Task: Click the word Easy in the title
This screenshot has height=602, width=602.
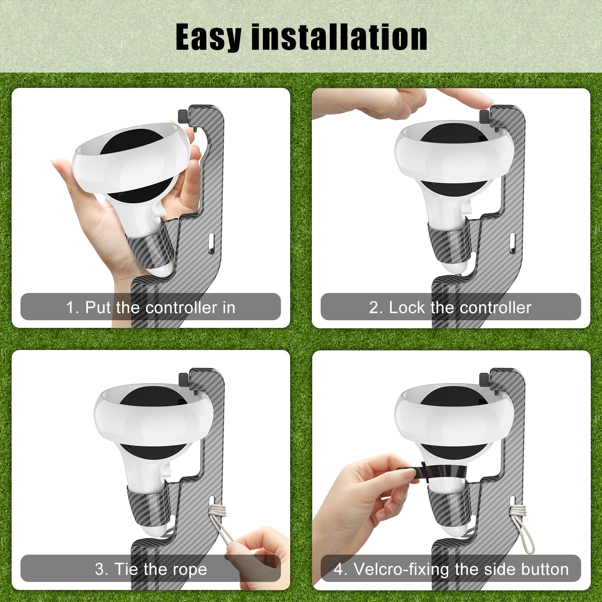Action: pyautogui.click(x=208, y=37)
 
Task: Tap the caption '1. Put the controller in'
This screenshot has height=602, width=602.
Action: pyautogui.click(x=150, y=307)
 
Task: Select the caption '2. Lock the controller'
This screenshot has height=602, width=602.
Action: pyautogui.click(x=450, y=307)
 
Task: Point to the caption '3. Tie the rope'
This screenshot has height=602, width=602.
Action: pyautogui.click(x=150, y=569)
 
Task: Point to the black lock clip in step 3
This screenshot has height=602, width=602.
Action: pyautogui.click(x=183, y=378)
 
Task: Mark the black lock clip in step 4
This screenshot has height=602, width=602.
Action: pyautogui.click(x=484, y=378)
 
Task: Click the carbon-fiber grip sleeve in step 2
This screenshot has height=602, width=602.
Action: pyautogui.click(x=447, y=243)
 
